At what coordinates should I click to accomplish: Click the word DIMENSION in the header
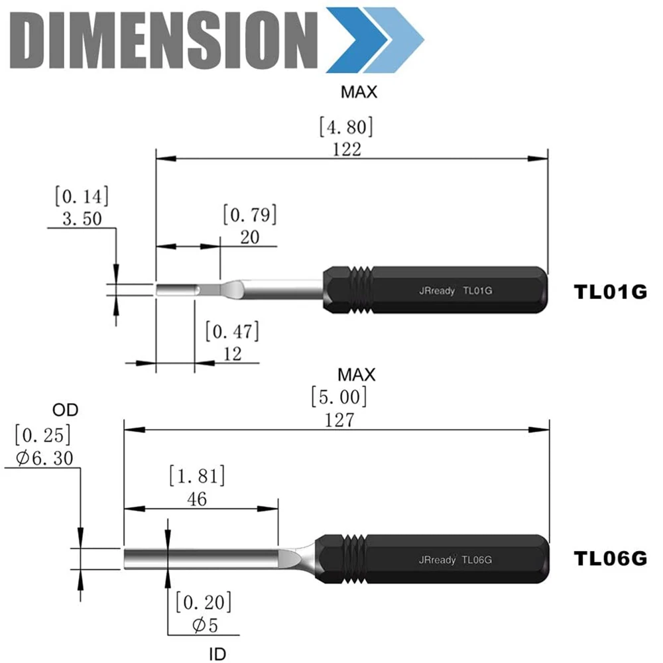(164, 40)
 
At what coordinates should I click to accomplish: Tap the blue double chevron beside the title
(375, 40)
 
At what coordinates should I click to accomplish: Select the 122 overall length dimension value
(347, 149)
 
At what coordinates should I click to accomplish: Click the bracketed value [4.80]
(346, 127)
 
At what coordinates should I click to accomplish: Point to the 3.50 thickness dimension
(82, 219)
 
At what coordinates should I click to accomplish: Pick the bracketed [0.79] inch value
(250, 215)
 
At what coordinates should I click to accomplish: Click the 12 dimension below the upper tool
(232, 353)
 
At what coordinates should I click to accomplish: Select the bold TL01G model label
(610, 292)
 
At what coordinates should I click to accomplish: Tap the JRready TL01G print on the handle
(455, 290)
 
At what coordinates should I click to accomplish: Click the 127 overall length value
(339, 420)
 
